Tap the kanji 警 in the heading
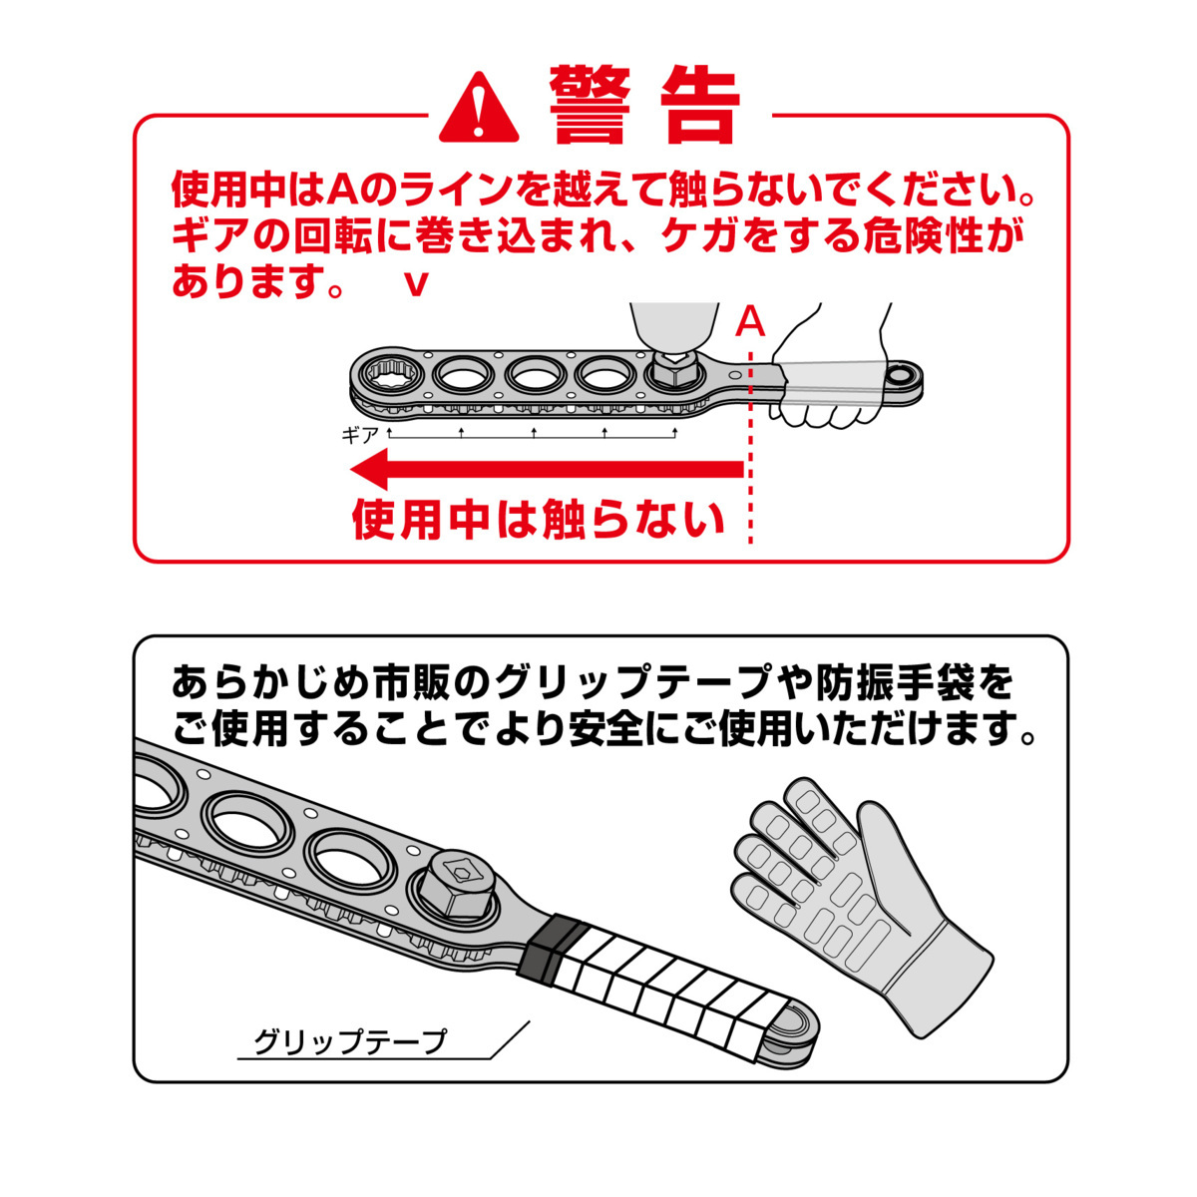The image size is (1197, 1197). point(591,105)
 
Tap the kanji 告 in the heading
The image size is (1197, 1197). point(699,105)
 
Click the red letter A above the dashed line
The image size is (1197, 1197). point(750,323)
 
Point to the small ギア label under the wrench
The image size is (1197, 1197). point(360,436)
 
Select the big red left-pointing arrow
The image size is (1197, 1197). point(548,469)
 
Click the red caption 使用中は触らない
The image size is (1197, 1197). point(539,520)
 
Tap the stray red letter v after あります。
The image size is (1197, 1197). point(416,285)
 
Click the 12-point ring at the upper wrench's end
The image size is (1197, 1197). point(386,376)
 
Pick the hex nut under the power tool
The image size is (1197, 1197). point(673,370)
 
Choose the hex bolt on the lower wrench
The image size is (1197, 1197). point(460,887)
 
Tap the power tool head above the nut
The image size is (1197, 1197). point(673,329)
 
